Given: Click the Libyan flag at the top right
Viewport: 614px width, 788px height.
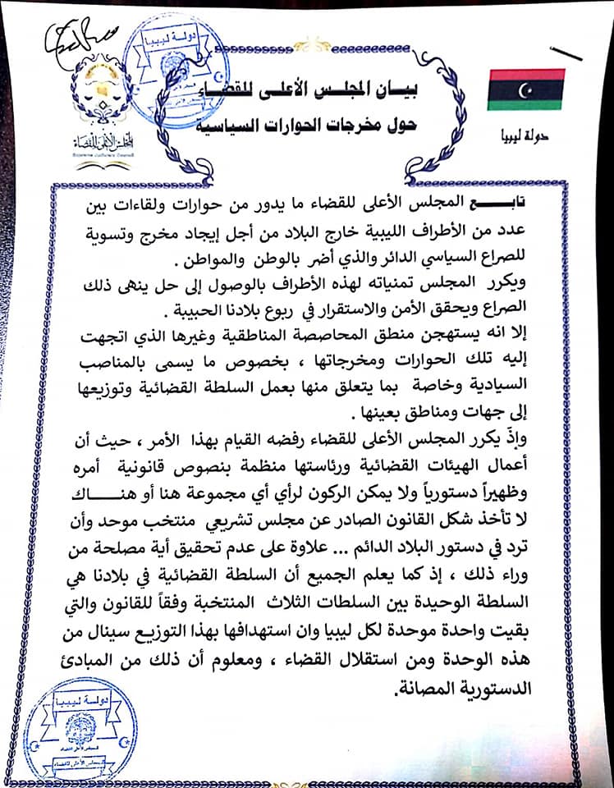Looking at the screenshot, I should pyautogui.click(x=525, y=89).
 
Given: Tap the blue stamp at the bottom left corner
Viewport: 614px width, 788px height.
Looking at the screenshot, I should pyautogui.click(x=81, y=735).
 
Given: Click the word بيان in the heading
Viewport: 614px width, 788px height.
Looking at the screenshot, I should pyautogui.click(x=392, y=91).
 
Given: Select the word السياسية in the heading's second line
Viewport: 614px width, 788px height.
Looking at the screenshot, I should pyautogui.click(x=263, y=125).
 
